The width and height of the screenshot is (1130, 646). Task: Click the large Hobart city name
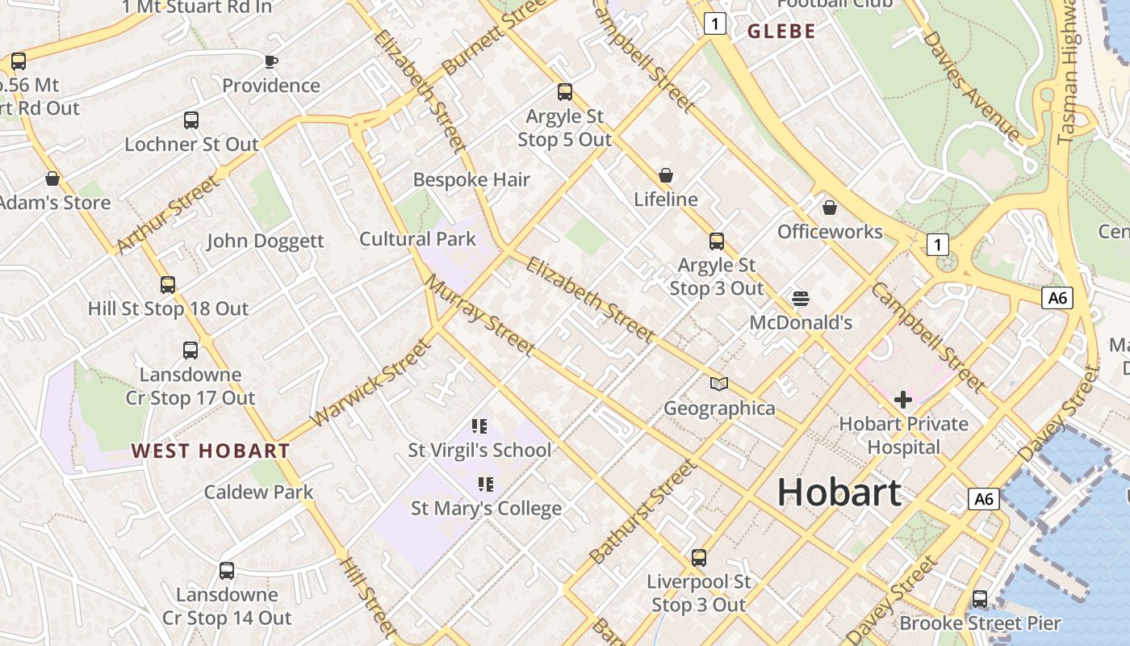(x=839, y=493)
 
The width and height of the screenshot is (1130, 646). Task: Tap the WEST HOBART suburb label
(x=211, y=451)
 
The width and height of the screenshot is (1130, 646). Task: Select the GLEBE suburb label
(x=781, y=31)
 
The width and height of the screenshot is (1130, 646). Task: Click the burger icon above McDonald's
(x=801, y=299)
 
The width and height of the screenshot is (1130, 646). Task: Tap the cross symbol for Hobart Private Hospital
(x=903, y=399)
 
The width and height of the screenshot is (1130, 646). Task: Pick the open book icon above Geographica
(x=719, y=384)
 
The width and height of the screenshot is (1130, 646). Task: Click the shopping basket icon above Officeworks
(x=830, y=208)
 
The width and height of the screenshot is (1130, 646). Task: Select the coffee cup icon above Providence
(x=271, y=61)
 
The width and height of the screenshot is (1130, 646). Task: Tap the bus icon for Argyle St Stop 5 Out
(x=565, y=92)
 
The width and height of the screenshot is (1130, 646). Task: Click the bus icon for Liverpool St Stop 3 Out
(x=699, y=557)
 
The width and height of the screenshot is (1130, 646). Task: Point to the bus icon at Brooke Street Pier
(x=980, y=598)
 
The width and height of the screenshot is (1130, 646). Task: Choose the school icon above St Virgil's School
(x=479, y=426)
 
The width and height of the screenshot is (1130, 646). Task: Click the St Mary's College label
(x=486, y=509)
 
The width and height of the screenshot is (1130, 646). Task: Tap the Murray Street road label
(x=481, y=316)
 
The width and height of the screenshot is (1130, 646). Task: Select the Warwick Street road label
(x=371, y=383)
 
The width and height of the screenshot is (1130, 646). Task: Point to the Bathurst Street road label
(x=642, y=511)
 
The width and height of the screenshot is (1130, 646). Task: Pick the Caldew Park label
(x=258, y=492)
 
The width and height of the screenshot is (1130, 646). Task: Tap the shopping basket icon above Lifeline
(x=666, y=175)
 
